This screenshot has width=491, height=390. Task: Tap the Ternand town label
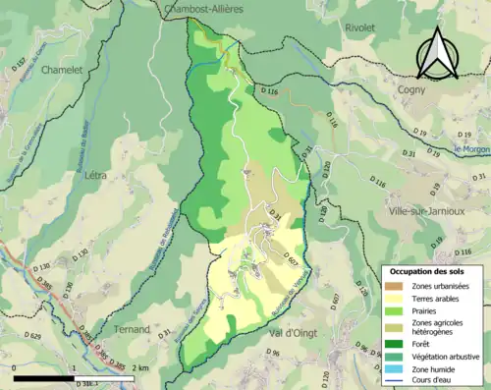[x=131, y=328]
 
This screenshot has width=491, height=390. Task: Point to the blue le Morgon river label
[x=470, y=149]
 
